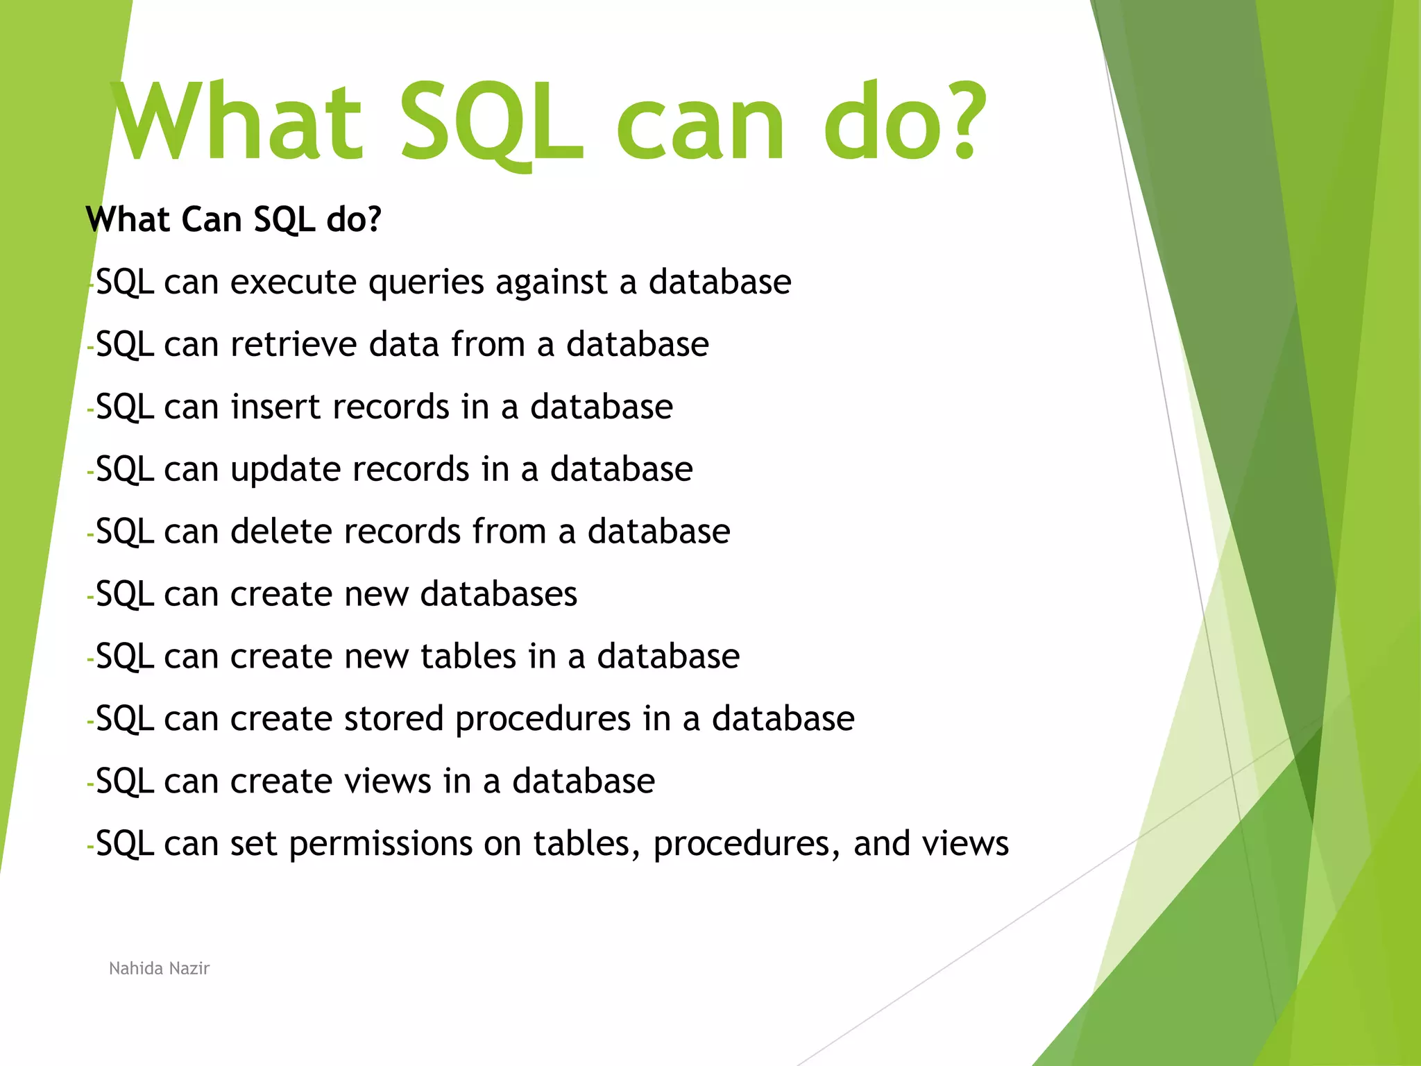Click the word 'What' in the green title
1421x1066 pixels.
tap(236, 121)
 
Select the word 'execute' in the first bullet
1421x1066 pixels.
tap(293, 282)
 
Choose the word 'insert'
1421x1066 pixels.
tap(276, 407)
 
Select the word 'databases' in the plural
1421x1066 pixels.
tap(498, 595)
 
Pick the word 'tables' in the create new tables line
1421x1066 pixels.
tap(468, 657)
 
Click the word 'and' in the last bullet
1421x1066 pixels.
tap(881, 845)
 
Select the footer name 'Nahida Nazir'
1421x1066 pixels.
tap(159, 968)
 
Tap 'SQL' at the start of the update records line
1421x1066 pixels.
tap(125, 470)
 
